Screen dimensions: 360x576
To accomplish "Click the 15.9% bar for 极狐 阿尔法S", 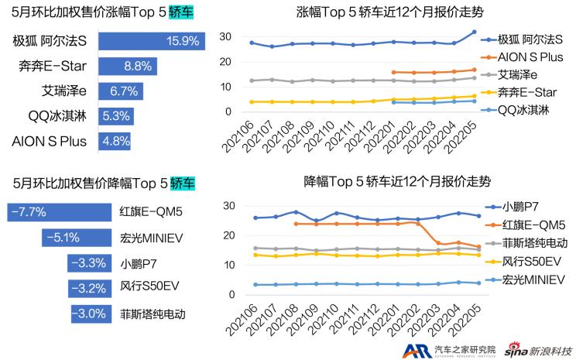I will [x=152, y=40].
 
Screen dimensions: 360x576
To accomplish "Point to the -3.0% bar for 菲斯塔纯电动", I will [x=91, y=314].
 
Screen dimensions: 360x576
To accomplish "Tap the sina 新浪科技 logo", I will [x=538, y=349].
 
